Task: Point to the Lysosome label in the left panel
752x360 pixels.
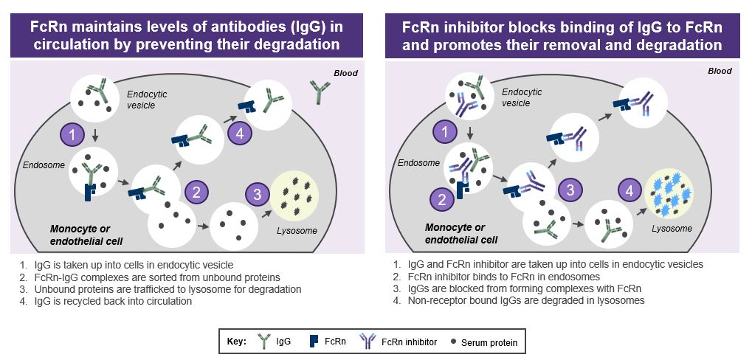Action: coord(298,231)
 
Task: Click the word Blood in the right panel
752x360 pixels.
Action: coord(719,71)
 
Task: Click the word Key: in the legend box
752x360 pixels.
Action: coord(240,342)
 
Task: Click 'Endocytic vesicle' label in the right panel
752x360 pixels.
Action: coord(522,97)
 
